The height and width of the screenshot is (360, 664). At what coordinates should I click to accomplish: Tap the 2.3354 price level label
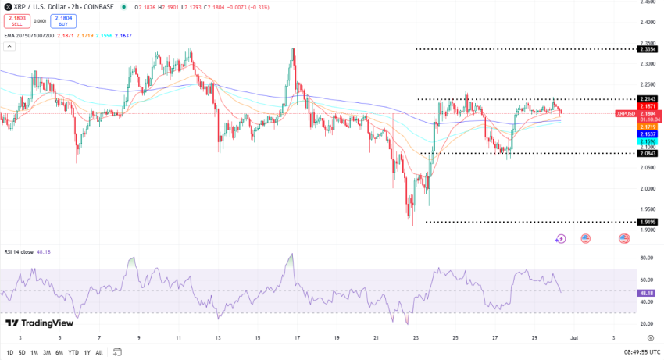point(648,49)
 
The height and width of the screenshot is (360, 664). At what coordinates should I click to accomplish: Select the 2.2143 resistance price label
point(648,99)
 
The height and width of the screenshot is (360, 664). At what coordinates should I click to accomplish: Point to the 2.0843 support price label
point(648,153)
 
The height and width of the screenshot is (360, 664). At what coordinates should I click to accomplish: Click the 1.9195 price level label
point(648,222)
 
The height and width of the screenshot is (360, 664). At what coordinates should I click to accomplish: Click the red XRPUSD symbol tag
point(626,113)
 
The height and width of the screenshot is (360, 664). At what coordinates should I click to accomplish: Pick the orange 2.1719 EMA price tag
point(648,127)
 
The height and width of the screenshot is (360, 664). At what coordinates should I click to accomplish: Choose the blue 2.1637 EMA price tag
point(648,134)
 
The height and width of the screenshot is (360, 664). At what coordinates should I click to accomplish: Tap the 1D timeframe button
point(9,352)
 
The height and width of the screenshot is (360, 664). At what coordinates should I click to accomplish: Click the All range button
point(99,352)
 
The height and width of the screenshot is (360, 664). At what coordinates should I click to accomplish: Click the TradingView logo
point(36,323)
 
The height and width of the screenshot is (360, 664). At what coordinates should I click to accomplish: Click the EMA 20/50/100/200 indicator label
point(29,35)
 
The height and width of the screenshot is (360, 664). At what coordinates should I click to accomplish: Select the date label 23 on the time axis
point(416,338)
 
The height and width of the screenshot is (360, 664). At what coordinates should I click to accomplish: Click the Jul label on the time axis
point(573,338)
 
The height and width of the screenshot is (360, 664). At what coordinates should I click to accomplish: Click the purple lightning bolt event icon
point(560,238)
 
